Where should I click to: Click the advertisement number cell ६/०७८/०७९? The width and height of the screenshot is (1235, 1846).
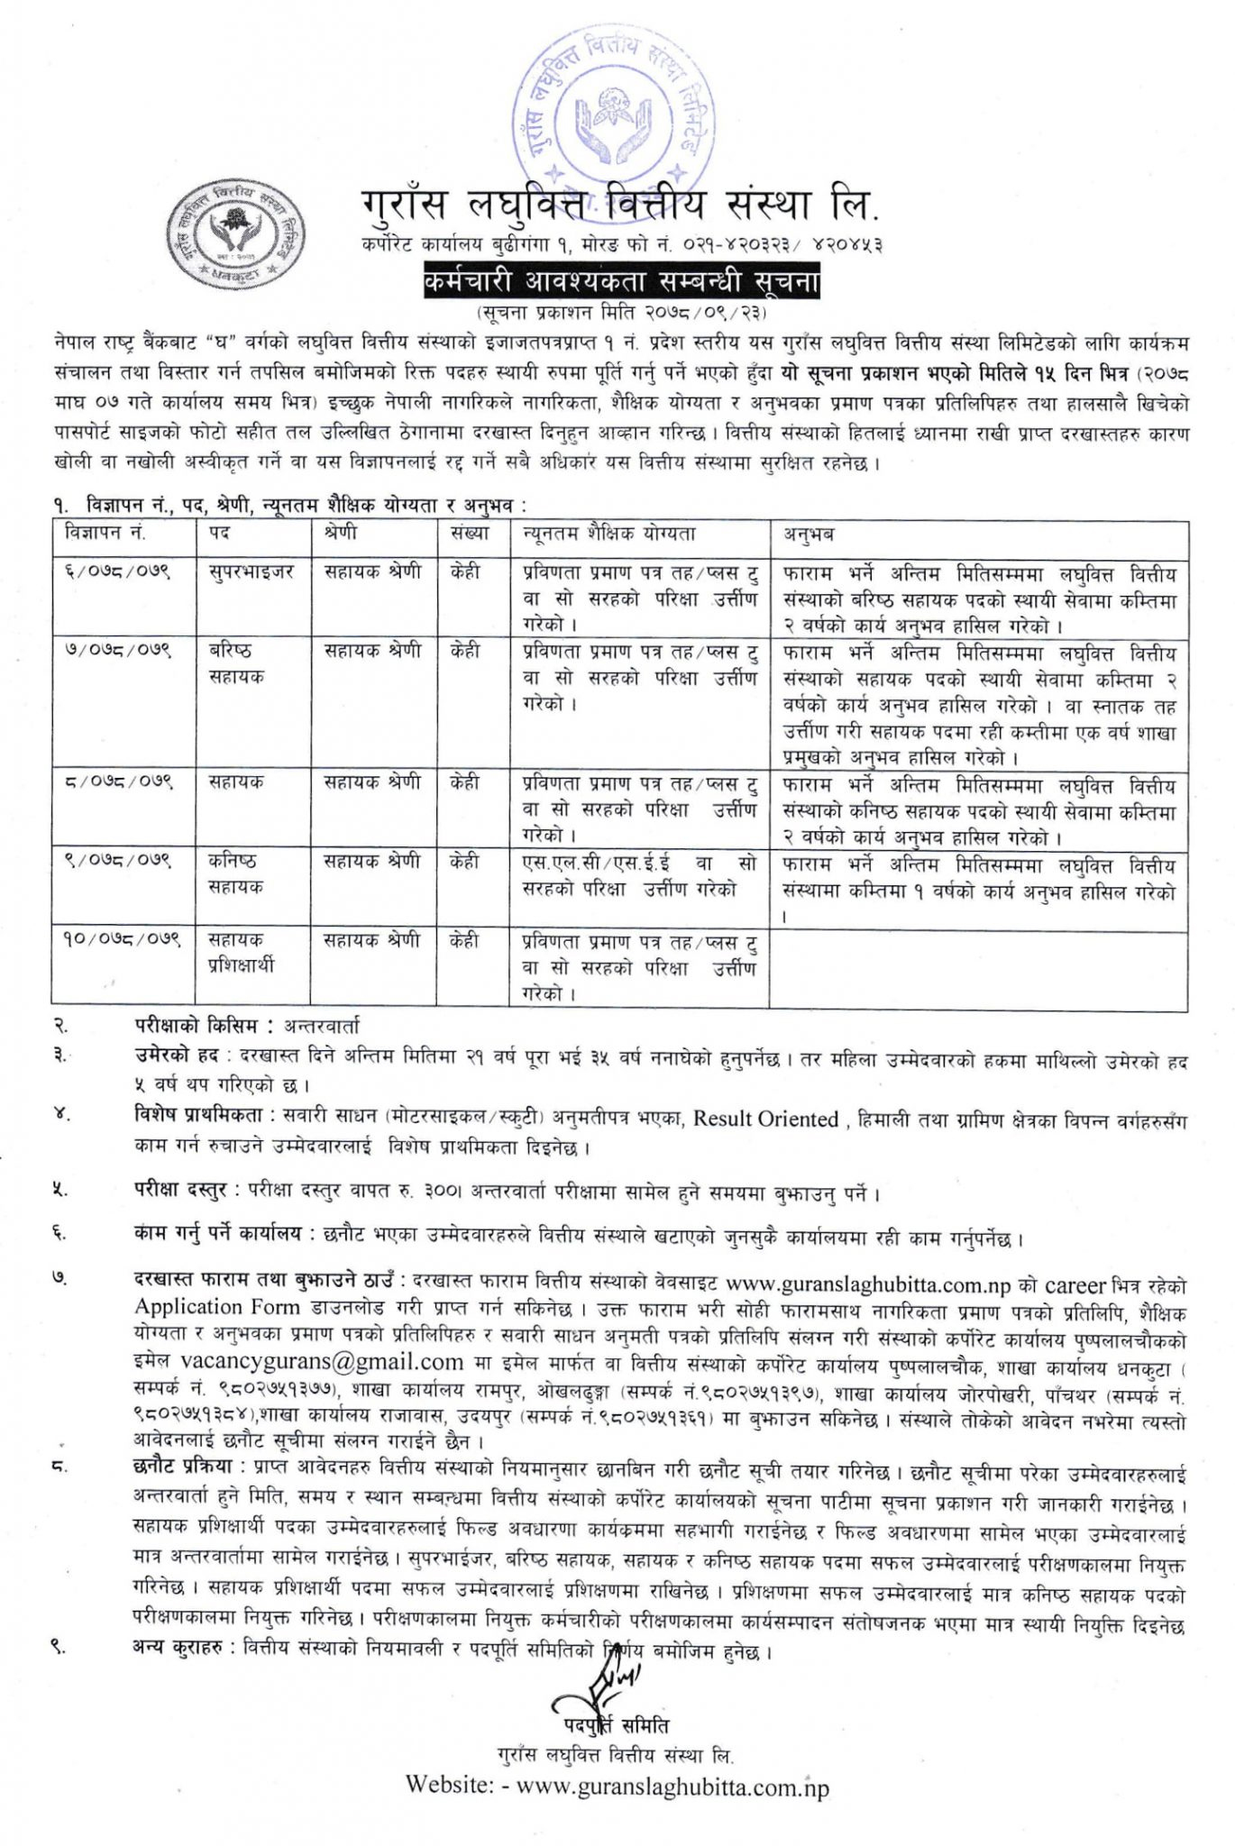120,573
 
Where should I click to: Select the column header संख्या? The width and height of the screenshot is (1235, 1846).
469,534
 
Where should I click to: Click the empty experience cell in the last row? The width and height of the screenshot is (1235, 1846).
977,968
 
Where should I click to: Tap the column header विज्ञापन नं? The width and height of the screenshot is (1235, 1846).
106,534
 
